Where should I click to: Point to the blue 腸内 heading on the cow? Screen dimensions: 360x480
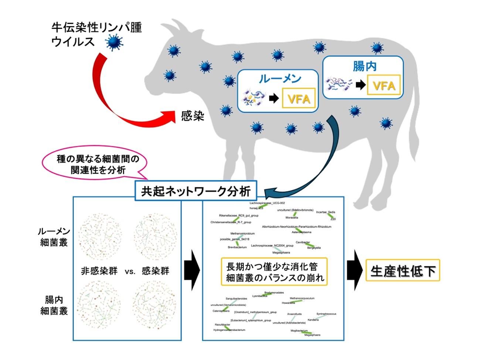[364, 66]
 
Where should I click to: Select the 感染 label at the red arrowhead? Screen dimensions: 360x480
[193, 116]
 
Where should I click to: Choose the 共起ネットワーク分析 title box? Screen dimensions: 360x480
[196, 191]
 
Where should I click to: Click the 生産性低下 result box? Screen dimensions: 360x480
[403, 271]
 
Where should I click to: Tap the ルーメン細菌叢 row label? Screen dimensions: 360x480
[54, 237]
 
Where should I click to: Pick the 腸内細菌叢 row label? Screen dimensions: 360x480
[54, 305]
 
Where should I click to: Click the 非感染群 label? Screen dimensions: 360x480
[99, 271]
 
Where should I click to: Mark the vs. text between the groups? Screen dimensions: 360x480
[130, 271]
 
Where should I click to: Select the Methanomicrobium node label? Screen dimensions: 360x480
[242, 234]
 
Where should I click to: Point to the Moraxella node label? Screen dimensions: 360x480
[292, 218]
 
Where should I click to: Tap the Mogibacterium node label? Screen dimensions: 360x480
[299, 331]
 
